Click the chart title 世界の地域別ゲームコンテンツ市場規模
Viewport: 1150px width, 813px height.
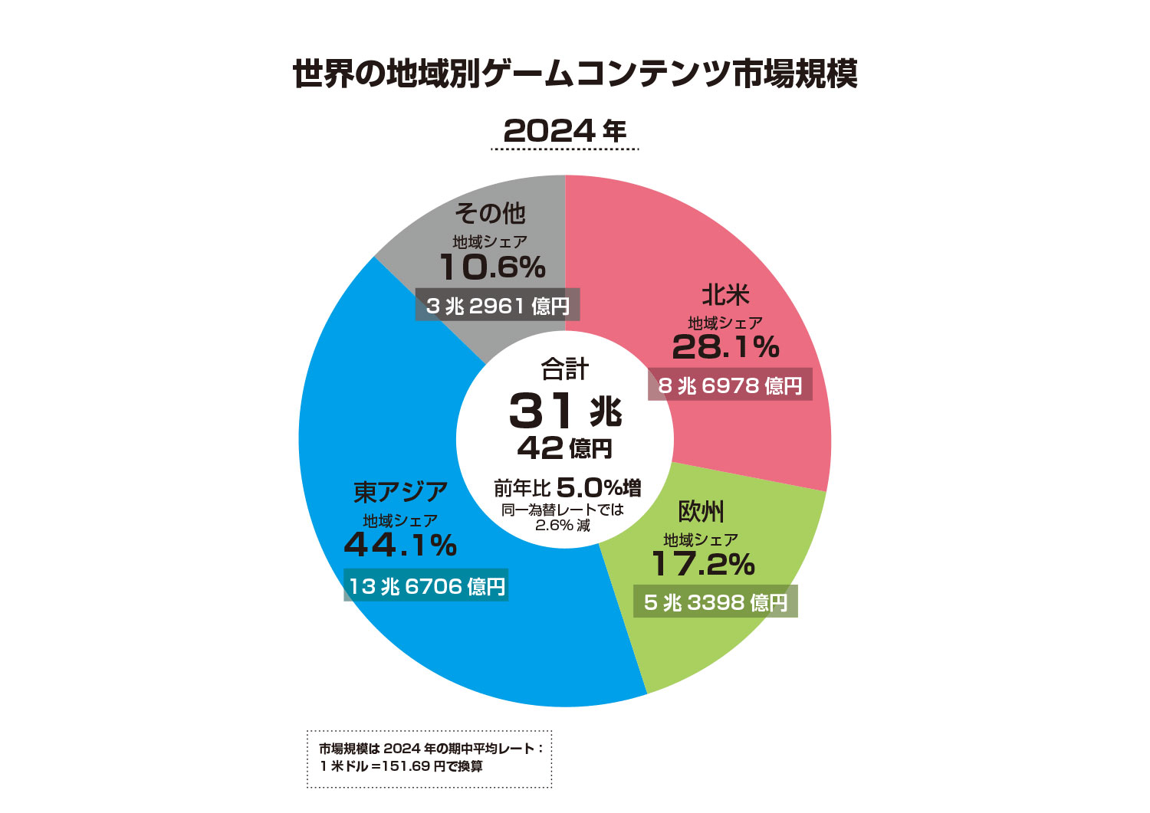[x=575, y=74]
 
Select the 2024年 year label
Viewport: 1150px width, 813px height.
[x=565, y=131]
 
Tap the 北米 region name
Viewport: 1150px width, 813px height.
[x=725, y=295]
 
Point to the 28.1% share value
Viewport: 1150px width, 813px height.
[x=725, y=347]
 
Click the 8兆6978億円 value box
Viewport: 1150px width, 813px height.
[x=730, y=385]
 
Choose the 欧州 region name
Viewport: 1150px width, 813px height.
[x=701, y=511]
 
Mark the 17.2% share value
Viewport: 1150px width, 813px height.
[x=703, y=564]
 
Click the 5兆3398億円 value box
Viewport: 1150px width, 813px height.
[x=715, y=602]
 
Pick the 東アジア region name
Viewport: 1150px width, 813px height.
[x=400, y=492]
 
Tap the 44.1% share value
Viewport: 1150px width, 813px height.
[x=400, y=546]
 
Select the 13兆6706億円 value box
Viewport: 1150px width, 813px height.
[x=426, y=586]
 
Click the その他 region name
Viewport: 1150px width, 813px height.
[x=490, y=213]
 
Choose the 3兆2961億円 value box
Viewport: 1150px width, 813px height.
[x=498, y=306]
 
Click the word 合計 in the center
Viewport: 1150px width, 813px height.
[x=565, y=369]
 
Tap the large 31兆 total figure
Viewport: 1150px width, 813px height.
[x=565, y=411]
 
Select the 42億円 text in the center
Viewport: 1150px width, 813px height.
[x=565, y=448]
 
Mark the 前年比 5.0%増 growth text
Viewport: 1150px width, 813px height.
[x=567, y=487]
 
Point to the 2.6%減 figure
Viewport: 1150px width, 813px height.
[x=563, y=526]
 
